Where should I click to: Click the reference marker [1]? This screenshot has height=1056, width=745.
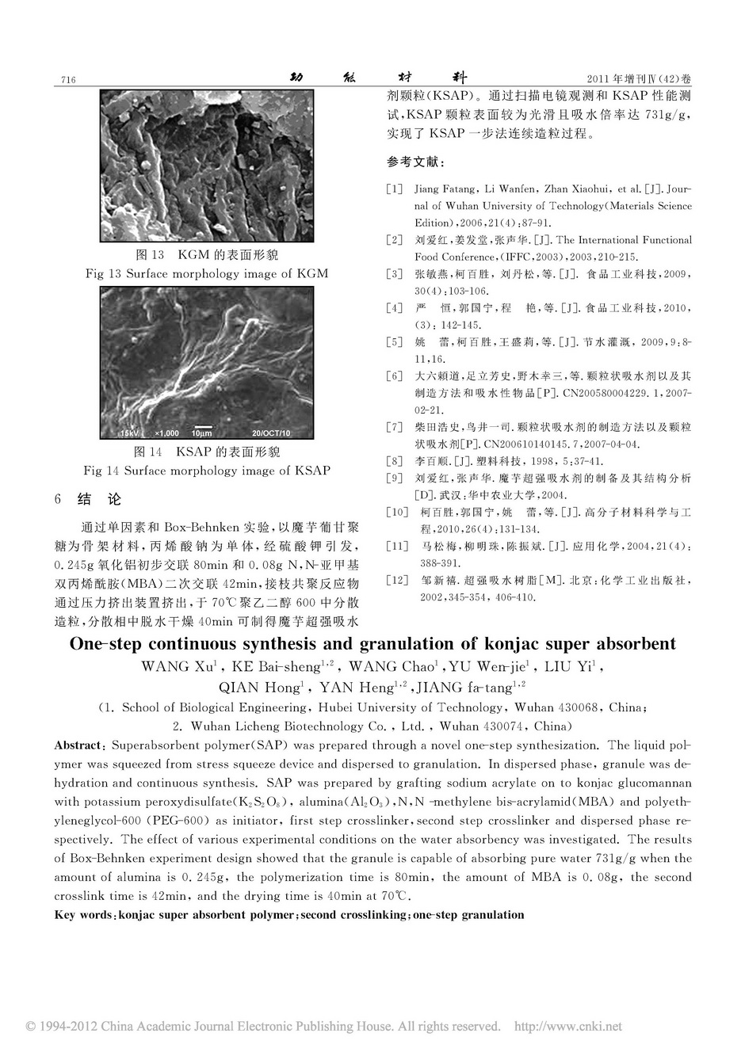point(394,189)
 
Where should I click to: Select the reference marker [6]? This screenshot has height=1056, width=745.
point(394,376)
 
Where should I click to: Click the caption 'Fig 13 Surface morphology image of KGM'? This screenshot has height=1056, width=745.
point(206,273)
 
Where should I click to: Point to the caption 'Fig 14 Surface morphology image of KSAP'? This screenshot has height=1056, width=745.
point(207,470)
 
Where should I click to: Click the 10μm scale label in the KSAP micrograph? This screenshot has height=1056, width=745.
point(202,433)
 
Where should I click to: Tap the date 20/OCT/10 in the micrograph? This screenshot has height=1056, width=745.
point(271,433)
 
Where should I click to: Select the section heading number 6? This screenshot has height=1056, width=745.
point(58,500)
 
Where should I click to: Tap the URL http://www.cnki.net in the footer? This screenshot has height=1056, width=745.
point(569,1027)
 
